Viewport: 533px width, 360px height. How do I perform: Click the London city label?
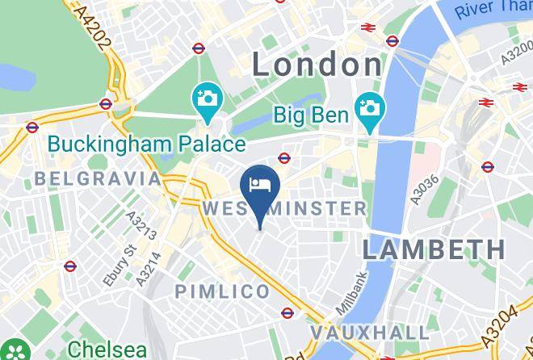(x=317, y=64)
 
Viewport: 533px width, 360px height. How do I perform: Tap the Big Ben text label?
(x=312, y=115)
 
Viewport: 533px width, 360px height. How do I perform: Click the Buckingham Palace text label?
(x=145, y=144)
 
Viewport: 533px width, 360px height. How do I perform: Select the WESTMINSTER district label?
(x=283, y=208)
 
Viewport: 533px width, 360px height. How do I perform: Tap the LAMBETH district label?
(x=434, y=249)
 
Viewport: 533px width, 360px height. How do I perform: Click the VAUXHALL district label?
(x=369, y=333)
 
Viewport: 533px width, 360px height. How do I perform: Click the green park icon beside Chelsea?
(x=16, y=350)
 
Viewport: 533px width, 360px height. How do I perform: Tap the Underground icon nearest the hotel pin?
(x=284, y=157)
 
